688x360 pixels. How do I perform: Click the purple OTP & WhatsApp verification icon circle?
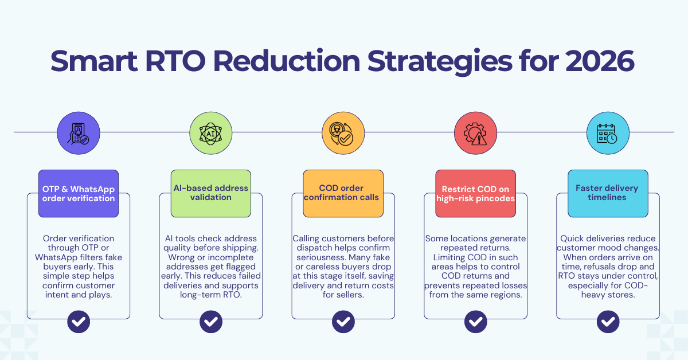(x=78, y=132)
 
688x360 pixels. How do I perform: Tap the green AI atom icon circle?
(x=210, y=132)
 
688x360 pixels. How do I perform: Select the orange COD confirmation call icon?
(x=343, y=132)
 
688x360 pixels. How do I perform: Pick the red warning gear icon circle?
(x=475, y=132)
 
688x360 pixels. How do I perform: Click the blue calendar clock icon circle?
(x=608, y=132)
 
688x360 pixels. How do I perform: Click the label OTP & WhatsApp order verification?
(x=79, y=193)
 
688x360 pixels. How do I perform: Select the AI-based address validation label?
(x=210, y=193)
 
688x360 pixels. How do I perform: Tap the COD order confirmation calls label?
(x=343, y=193)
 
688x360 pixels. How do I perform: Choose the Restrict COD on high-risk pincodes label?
(x=475, y=193)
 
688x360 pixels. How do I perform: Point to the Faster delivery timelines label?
(x=608, y=193)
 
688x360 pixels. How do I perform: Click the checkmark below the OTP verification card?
(x=79, y=321)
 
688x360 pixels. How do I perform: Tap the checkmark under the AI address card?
(x=210, y=321)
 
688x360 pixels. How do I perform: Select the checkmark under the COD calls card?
(x=343, y=321)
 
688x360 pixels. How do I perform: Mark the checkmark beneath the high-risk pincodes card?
(x=475, y=321)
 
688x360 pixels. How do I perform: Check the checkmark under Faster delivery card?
(x=608, y=321)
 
